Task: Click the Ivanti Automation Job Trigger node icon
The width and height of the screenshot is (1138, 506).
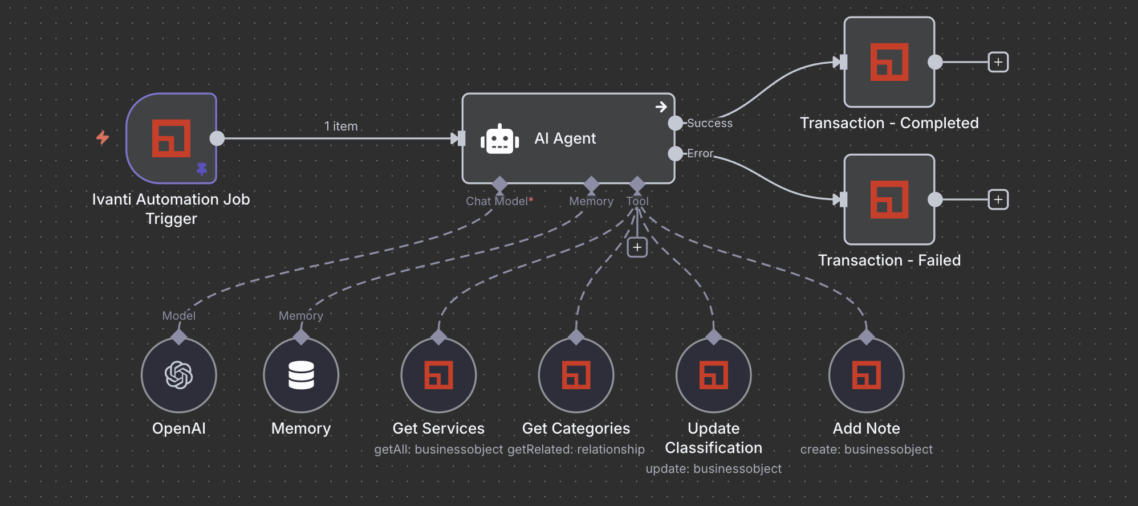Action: click(171, 138)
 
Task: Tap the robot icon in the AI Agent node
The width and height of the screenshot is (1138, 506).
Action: click(499, 139)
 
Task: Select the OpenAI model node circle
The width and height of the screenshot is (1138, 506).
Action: click(178, 375)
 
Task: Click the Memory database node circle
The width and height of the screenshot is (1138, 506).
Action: click(301, 375)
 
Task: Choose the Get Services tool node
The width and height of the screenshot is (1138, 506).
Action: click(438, 375)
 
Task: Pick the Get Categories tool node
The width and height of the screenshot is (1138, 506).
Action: click(576, 375)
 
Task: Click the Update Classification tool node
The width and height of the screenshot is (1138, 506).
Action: click(713, 375)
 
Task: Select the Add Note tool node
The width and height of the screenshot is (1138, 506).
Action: click(866, 375)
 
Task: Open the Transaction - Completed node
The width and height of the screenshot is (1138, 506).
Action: click(889, 62)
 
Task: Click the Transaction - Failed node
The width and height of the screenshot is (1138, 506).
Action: click(889, 199)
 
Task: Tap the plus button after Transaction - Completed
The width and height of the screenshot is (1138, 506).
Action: click(998, 62)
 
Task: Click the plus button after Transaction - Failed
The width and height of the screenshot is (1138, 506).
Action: click(998, 199)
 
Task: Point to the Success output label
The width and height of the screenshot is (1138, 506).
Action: click(709, 123)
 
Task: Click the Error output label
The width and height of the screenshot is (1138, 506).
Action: click(700, 153)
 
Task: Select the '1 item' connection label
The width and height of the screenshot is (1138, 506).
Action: click(341, 126)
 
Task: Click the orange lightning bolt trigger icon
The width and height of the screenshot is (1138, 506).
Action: click(103, 137)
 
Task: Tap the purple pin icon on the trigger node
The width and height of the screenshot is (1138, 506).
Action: click(202, 169)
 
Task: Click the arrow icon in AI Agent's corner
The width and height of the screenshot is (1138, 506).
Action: click(661, 107)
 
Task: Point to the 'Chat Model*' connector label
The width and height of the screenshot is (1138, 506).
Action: click(499, 201)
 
